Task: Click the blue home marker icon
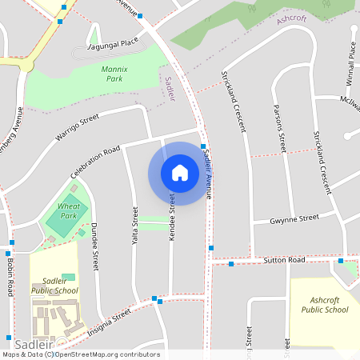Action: tap(180, 172)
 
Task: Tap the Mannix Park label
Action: tap(114, 74)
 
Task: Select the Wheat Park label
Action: tap(70, 211)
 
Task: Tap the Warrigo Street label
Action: tap(77, 126)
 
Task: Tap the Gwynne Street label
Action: tap(294, 218)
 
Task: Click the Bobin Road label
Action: tap(10, 277)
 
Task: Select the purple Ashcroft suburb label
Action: tap(292, 18)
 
